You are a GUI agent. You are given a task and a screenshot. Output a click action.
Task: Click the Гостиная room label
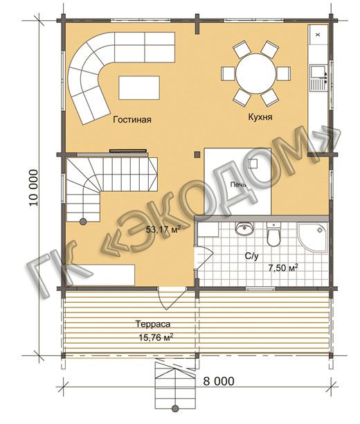(132, 120)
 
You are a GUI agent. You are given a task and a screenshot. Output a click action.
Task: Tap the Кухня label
(260, 117)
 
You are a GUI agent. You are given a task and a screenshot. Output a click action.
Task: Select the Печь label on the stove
(238, 185)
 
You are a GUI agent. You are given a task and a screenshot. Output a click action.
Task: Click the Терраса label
(153, 324)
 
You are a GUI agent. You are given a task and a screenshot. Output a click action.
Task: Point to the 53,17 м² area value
(163, 229)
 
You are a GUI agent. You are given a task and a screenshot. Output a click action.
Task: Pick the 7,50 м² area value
(283, 267)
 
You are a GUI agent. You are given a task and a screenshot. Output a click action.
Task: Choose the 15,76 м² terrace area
(156, 337)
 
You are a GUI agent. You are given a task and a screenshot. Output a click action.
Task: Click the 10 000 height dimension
(33, 188)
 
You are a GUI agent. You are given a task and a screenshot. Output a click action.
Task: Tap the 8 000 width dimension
(219, 381)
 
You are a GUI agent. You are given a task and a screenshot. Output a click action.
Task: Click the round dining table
(256, 73)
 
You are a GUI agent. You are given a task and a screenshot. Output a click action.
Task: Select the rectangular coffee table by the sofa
(139, 87)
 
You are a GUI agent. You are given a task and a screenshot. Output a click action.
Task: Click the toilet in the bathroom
(273, 234)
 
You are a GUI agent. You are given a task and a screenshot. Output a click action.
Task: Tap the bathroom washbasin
(244, 229)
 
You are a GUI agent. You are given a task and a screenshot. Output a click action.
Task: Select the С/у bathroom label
(251, 256)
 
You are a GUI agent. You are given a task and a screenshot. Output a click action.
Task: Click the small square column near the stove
(197, 154)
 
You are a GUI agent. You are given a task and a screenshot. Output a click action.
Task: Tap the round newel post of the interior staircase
(83, 222)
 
